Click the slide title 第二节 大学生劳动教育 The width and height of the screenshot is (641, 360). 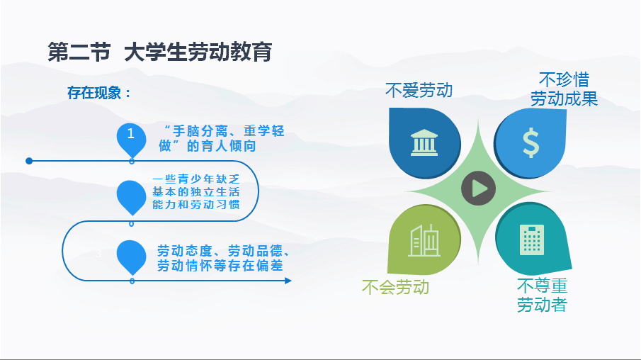[x=160, y=52]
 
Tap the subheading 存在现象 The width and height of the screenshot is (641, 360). [x=99, y=93]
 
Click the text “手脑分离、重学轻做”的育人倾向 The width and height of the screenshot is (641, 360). [x=221, y=138]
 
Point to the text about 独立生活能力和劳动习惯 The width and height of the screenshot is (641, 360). [x=195, y=191]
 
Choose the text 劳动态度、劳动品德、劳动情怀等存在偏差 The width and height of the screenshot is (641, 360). [x=223, y=258]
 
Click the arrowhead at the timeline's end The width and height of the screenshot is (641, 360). [x=288, y=281]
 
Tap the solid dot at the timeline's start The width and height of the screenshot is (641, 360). [x=29, y=161]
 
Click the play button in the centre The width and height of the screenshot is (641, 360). [x=478, y=189]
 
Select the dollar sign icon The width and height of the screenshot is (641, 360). [x=531, y=142]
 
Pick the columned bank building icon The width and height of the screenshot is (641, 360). [x=424, y=142]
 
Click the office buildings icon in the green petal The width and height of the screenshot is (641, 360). [x=424, y=240]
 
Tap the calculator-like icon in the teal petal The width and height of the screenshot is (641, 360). [x=532, y=240]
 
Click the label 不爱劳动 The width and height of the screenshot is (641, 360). [x=419, y=90]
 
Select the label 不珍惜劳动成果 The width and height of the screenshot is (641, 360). [x=564, y=89]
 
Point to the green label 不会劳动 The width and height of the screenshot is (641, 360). [x=395, y=287]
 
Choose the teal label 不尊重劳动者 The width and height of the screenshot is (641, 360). [x=542, y=295]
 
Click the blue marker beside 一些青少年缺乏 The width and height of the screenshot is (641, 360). [x=131, y=197]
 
